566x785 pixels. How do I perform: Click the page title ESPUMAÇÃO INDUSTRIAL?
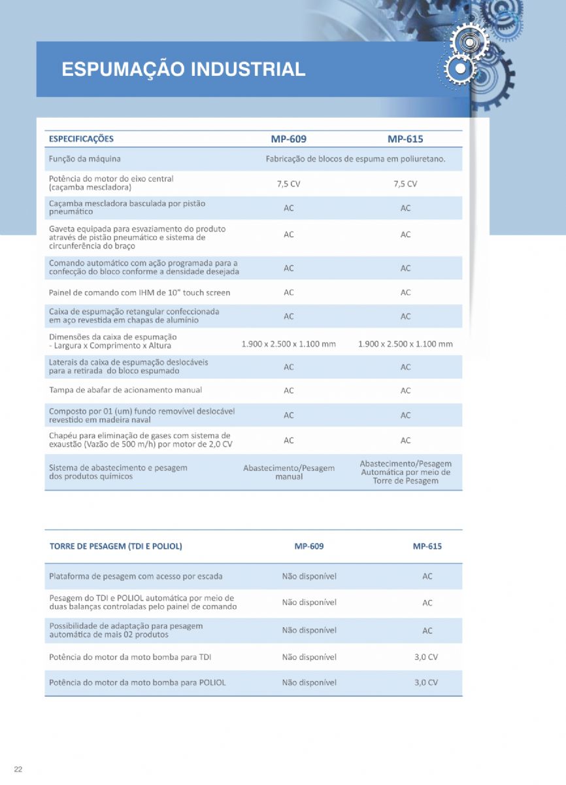click(183, 69)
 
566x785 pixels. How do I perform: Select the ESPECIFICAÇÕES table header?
click(81, 139)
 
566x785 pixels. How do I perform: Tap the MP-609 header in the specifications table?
click(288, 139)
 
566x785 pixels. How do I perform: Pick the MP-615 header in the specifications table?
click(405, 139)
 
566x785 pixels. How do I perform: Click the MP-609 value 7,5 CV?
click(288, 184)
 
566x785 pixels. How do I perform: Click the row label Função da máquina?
click(85, 159)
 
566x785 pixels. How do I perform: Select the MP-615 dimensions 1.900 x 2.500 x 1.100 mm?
click(405, 344)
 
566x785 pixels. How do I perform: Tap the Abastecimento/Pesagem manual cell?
click(289, 472)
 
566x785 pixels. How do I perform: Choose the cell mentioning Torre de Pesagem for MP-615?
click(405, 472)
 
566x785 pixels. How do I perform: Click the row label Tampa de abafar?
click(125, 391)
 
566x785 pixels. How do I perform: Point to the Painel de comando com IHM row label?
click(139, 292)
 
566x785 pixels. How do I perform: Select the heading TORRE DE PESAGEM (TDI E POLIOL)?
click(116, 546)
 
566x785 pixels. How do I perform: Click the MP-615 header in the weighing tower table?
click(427, 546)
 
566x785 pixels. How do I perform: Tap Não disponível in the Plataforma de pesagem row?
click(309, 577)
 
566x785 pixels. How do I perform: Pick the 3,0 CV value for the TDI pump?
click(426, 657)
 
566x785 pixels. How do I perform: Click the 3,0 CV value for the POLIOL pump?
click(426, 682)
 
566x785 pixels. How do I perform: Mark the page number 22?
click(18, 769)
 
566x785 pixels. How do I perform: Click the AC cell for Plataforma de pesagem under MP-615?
click(427, 577)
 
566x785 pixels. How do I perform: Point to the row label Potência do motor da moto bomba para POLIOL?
click(137, 682)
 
